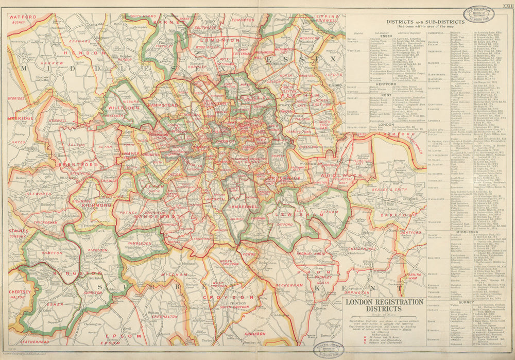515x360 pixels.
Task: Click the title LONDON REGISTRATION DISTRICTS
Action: [384, 305]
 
